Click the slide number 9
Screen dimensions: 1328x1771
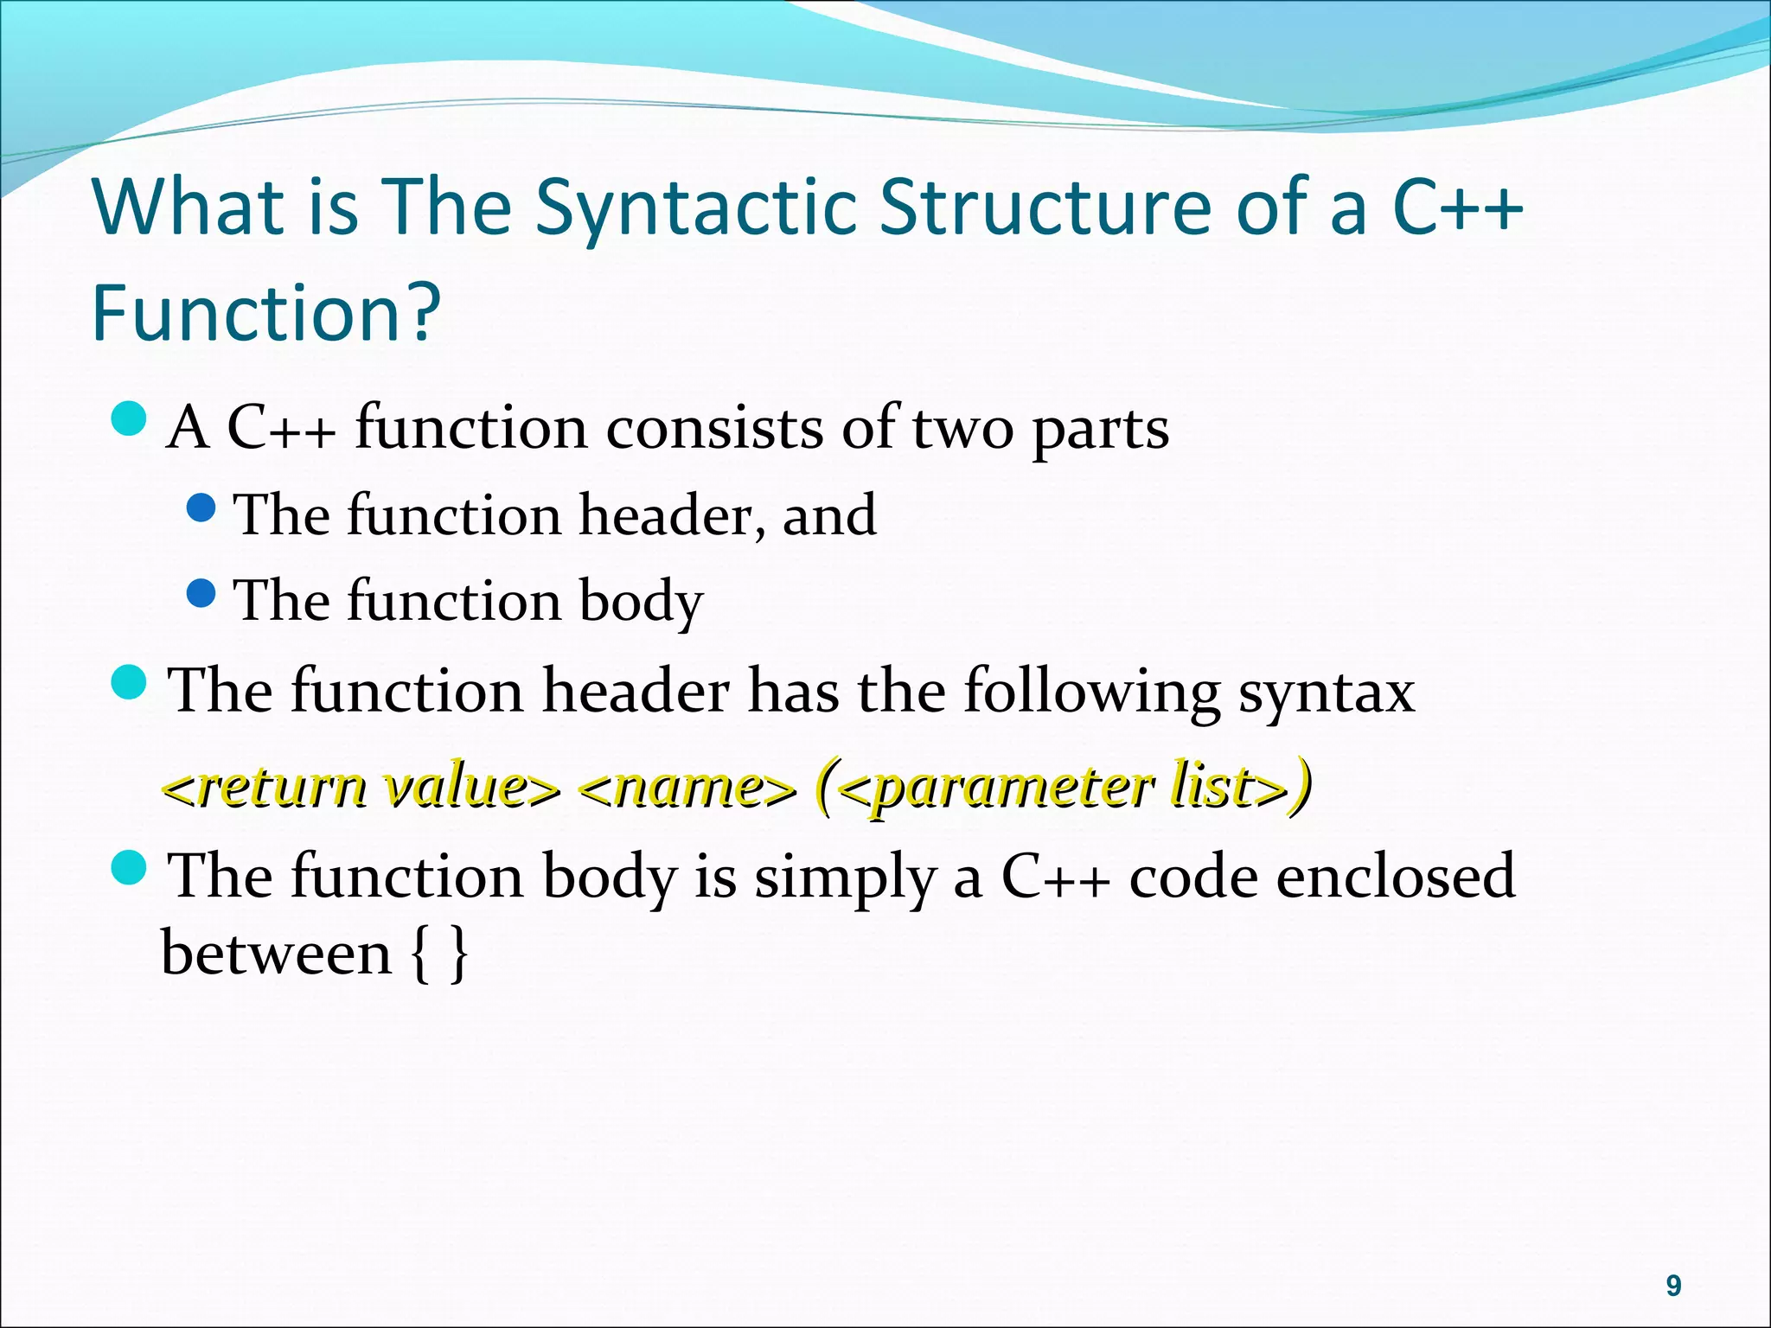(1673, 1286)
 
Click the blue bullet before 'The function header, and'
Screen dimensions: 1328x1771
(201, 508)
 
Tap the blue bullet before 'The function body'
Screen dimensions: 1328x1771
(201, 593)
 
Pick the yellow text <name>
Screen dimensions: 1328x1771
(687, 787)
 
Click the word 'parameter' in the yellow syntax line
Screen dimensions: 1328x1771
(1013, 787)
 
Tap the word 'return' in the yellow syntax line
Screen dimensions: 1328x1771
(282, 787)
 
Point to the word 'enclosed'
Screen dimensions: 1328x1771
(1396, 877)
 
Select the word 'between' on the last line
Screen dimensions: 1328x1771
(277, 954)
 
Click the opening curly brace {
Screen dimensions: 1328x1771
(419, 954)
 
